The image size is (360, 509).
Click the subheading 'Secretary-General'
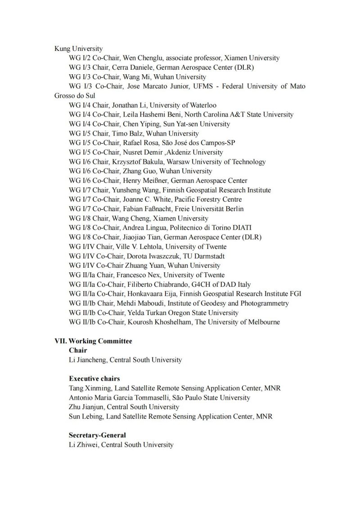97,435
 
